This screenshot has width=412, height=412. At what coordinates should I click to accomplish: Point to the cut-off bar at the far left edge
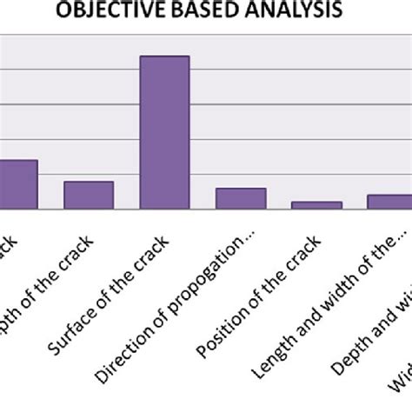point(17,184)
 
